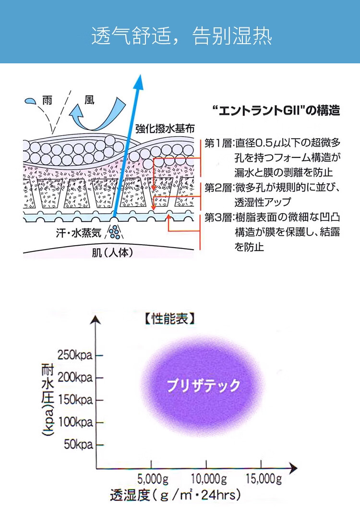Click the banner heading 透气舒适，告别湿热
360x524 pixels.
coord(181,36)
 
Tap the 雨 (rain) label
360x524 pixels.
coord(47,101)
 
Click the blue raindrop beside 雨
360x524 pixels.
coord(30,101)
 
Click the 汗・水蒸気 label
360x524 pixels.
coord(78,233)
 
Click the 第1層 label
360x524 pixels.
coord(218,143)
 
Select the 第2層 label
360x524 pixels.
coord(218,187)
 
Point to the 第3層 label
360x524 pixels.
coord(218,217)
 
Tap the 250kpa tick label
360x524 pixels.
coord(75,356)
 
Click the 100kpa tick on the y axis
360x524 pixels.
coord(75,422)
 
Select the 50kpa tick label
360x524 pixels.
coord(78,444)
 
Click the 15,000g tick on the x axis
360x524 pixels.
coord(262,478)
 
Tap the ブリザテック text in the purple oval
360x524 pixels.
coord(203,385)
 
